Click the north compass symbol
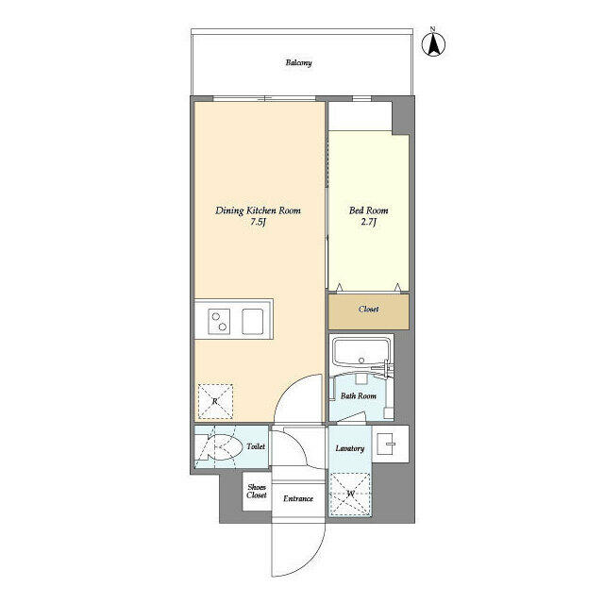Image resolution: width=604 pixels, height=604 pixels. (x=436, y=43)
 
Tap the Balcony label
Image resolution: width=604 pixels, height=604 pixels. (x=299, y=63)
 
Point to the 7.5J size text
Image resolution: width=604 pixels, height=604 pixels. (x=257, y=224)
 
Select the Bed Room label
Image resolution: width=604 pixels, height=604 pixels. (x=369, y=210)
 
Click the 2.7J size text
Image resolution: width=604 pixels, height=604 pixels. (x=369, y=224)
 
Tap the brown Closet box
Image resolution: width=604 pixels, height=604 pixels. (x=369, y=310)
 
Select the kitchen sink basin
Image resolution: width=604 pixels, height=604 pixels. (x=256, y=321)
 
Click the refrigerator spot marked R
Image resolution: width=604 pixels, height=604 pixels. (x=215, y=401)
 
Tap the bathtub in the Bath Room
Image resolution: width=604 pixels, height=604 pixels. (x=360, y=354)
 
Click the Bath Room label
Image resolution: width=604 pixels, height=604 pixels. (x=359, y=396)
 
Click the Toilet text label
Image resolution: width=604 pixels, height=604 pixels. (x=256, y=446)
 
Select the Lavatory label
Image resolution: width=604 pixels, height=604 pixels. (x=349, y=448)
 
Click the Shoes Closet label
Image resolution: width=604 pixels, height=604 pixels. (x=257, y=491)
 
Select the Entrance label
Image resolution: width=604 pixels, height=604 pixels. (x=298, y=498)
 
